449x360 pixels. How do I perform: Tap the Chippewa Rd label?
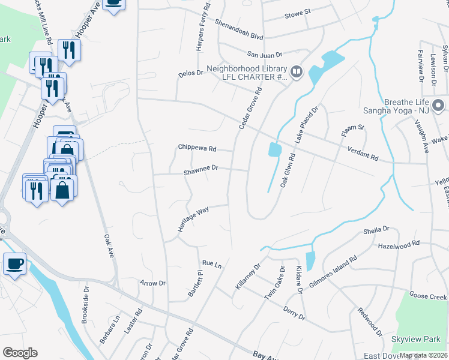[196, 148]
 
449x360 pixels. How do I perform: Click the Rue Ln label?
[212, 263]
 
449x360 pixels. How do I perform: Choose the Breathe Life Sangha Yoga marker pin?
[440, 106]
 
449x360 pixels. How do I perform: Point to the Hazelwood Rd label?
[399, 246]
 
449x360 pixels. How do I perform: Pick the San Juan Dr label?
[262, 53]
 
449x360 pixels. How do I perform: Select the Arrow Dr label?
[152, 283]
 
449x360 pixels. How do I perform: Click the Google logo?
[20, 353]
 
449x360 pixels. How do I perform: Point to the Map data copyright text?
[423, 355]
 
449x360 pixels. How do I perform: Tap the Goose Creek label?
[428, 296]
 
